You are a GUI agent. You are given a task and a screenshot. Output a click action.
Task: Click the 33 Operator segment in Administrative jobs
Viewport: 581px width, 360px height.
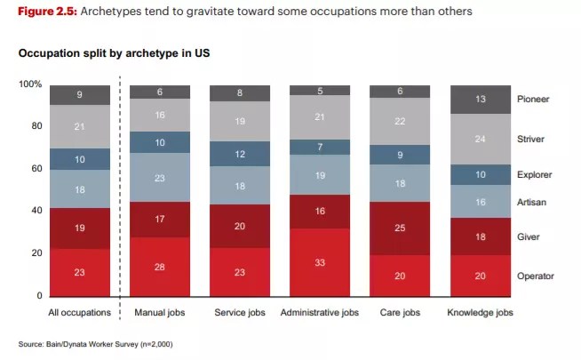click(x=320, y=262)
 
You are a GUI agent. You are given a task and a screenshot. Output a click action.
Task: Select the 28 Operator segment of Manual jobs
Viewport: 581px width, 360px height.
click(x=161, y=267)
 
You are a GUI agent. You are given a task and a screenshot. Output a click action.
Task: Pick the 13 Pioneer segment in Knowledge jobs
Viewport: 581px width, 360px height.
click(x=480, y=100)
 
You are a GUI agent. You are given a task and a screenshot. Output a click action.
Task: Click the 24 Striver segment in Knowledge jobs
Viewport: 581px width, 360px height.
click(x=480, y=140)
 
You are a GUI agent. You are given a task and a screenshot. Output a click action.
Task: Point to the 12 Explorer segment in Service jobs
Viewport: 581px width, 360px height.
click(x=240, y=154)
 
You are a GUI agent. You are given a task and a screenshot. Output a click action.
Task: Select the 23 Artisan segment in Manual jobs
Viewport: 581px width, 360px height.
click(x=161, y=178)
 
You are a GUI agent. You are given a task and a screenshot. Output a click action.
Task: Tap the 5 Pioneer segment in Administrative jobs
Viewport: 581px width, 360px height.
click(x=320, y=90)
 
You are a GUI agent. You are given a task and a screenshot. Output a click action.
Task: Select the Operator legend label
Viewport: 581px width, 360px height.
click(x=536, y=276)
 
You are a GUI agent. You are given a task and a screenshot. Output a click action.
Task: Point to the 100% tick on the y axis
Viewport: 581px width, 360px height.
click(x=30, y=84)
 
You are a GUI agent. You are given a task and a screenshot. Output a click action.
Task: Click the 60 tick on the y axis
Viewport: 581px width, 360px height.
click(x=36, y=169)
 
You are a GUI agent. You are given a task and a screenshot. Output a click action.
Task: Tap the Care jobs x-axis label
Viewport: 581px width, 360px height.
click(x=400, y=313)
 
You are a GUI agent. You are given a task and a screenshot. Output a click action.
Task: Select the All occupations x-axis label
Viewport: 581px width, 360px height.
click(x=80, y=313)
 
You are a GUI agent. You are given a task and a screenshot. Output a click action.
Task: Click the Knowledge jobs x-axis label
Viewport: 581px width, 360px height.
click(x=480, y=313)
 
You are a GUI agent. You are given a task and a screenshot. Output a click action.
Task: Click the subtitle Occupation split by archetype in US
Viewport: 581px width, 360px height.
click(x=114, y=53)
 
